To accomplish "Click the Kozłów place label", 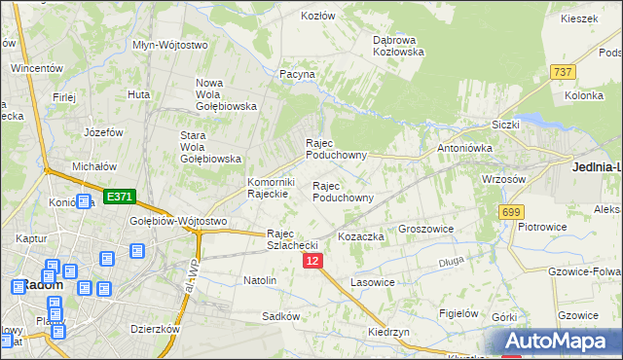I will pyautogui.click(x=317, y=17).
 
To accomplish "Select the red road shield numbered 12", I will pyautogui.click(x=312, y=262).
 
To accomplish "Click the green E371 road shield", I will pyautogui.click(x=119, y=197).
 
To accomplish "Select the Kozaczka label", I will pyautogui.click(x=361, y=236).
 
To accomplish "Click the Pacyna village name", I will pyautogui.click(x=298, y=74).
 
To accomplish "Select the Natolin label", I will pyautogui.click(x=260, y=281).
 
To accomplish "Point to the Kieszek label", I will pyautogui.click(x=578, y=18).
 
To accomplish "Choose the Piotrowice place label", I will pyautogui.click(x=542, y=227).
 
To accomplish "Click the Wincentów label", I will pyautogui.click(x=37, y=69).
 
